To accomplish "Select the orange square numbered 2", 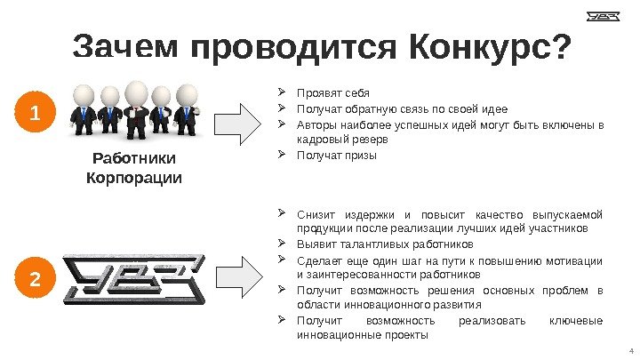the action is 35,279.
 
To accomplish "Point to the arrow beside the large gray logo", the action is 243,278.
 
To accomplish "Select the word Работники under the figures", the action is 134,159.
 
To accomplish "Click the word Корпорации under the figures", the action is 134,178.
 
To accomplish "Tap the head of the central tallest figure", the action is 137,91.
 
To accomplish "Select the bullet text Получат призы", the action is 336,156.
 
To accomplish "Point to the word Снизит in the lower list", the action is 316,213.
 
